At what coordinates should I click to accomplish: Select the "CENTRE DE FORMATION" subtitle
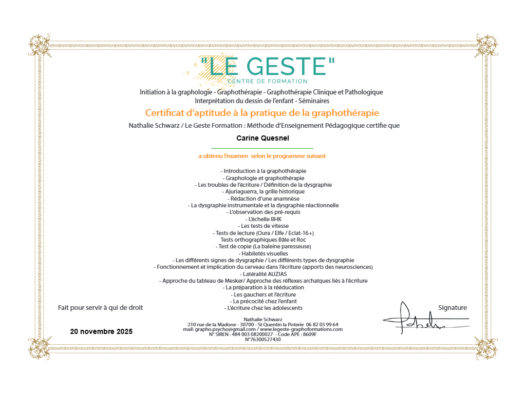point(267,81)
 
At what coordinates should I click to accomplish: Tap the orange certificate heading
point(262,113)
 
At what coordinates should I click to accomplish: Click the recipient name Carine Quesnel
point(262,139)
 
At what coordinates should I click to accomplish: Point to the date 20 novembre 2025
point(101,332)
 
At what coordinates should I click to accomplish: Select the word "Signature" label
point(453,308)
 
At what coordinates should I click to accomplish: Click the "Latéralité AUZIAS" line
point(263,274)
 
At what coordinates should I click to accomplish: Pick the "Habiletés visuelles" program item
point(263,253)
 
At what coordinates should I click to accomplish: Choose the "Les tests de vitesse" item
point(263,226)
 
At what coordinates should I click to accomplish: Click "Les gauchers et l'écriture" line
point(263,294)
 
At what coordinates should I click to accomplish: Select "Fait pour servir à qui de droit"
point(101,308)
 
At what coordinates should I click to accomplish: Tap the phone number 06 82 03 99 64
point(322,324)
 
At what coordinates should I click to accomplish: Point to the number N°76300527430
point(262,339)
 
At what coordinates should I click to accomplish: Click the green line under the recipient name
point(262,148)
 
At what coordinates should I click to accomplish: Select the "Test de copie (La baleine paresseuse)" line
point(263,246)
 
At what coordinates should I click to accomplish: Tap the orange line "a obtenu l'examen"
point(262,156)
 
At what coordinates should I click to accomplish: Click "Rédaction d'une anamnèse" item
point(263,199)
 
